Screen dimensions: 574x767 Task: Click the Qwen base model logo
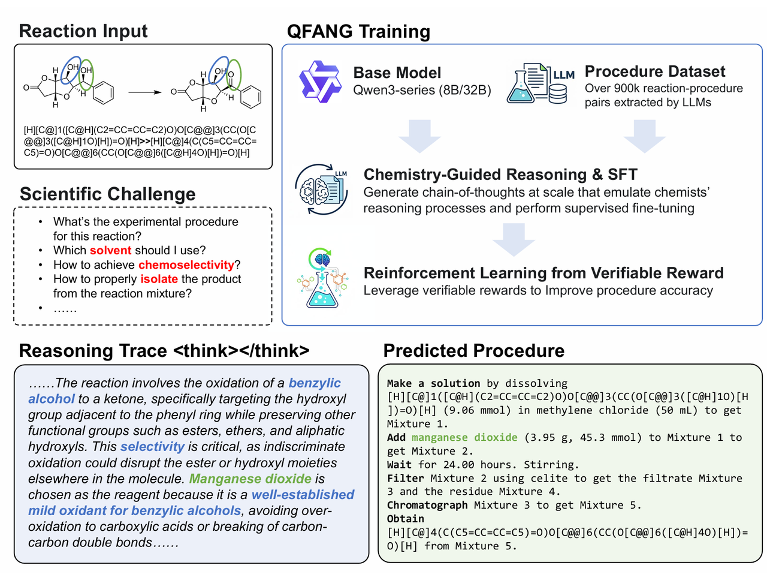tap(320, 82)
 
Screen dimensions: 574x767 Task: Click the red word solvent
tap(110, 250)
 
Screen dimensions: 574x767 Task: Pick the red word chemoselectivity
tap(186, 265)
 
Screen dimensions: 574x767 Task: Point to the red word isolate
tap(159, 279)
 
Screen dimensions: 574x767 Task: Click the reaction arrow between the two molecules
tap(144, 92)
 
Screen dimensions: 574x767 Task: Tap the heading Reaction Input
tap(83, 31)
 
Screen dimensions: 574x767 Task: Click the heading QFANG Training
tap(358, 31)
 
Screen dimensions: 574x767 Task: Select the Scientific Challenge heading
tap(108, 194)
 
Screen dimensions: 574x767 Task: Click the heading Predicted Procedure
tap(473, 351)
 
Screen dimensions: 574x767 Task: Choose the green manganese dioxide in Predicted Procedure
tap(464, 437)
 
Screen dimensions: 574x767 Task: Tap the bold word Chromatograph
tap(427, 505)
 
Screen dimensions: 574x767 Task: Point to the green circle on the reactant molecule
tap(87, 74)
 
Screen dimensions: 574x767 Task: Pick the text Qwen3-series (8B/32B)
tap(422, 91)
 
